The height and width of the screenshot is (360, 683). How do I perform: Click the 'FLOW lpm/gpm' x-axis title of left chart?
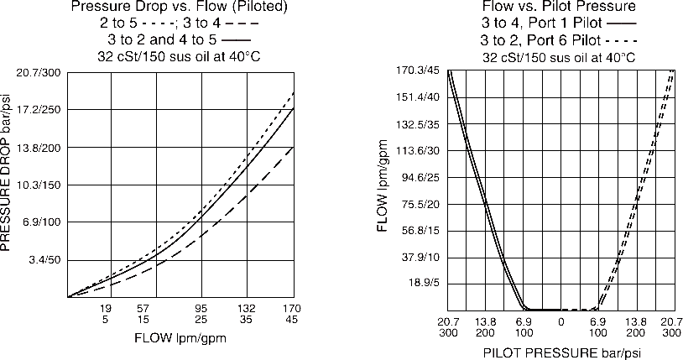[x=180, y=339]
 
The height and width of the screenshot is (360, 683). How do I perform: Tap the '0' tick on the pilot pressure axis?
[x=560, y=321]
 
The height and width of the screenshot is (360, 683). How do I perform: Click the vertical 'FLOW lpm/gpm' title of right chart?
[x=383, y=190]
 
